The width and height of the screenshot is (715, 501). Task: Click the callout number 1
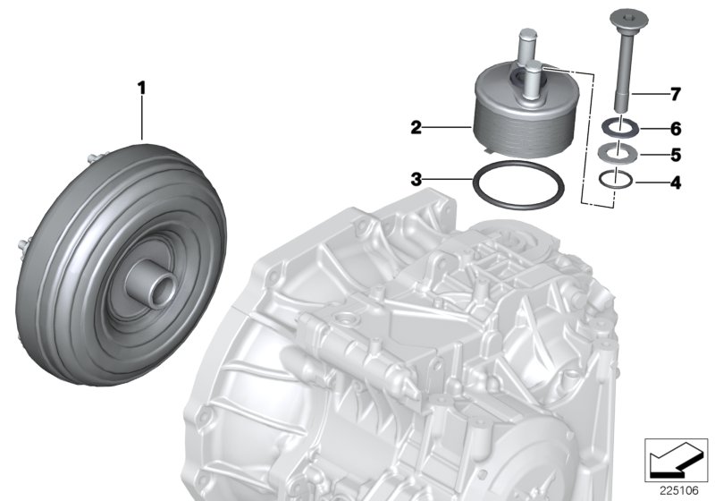140,87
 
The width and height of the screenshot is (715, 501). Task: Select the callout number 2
416,128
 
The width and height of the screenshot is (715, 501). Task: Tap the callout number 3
416,179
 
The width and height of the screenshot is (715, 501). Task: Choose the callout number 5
676,154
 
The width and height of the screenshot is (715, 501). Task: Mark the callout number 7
676,93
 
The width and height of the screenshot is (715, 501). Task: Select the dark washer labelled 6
620,126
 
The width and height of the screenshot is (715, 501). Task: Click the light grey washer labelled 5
619,151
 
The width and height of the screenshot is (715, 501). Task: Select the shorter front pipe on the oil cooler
534,77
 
